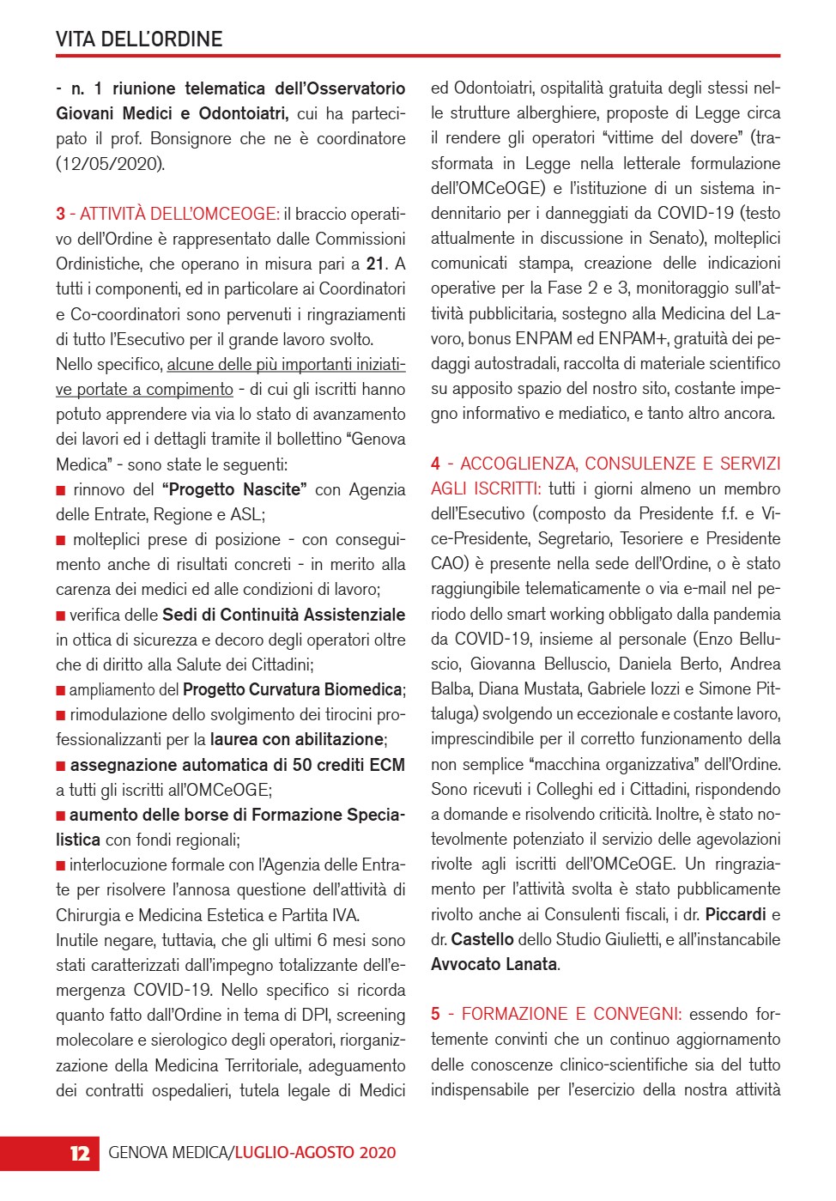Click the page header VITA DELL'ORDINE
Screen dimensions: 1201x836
pos(139,39)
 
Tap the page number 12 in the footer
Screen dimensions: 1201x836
pos(80,1153)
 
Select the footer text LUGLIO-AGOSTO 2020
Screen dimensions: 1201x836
pos(316,1153)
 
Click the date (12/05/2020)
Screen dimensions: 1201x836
pos(111,163)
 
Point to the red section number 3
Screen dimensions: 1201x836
pos(61,214)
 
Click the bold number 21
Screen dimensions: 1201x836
pos(375,264)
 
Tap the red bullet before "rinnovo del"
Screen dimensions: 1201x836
pos(61,490)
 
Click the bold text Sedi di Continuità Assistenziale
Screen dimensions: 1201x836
pos(283,615)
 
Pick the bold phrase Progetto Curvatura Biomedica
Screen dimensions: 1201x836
pos(293,689)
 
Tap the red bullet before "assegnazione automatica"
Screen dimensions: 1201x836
pos(61,765)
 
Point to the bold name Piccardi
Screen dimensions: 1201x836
pos(736,914)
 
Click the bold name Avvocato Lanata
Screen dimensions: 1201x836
pos(494,964)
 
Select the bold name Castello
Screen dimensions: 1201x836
pos(482,939)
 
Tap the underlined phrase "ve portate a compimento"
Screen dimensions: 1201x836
pos(144,389)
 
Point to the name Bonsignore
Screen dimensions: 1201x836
pos(192,138)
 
